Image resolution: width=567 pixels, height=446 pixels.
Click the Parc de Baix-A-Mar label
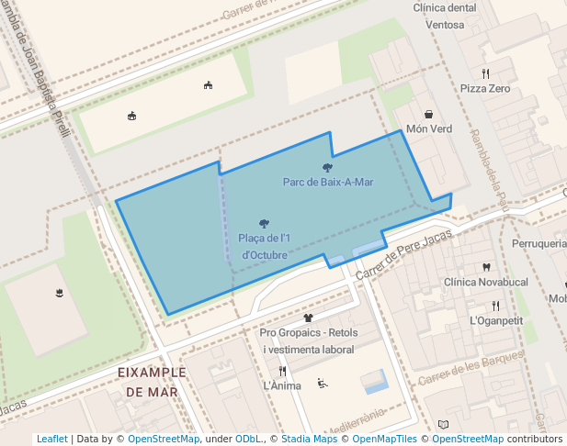pyautogui.click(x=328, y=182)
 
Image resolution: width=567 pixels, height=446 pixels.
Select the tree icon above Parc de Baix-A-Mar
pyautogui.click(x=328, y=167)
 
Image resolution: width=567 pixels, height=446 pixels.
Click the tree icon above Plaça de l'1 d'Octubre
pyautogui.click(x=265, y=224)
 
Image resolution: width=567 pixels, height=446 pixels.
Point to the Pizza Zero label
pyautogui.click(x=485, y=89)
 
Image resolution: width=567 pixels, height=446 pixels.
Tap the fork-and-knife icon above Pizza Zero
pyautogui.click(x=485, y=73)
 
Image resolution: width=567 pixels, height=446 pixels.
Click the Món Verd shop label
pyautogui.click(x=429, y=129)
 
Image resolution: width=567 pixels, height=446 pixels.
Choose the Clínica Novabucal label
pyautogui.click(x=485, y=282)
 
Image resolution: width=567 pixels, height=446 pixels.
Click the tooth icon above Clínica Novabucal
pyautogui.click(x=485, y=267)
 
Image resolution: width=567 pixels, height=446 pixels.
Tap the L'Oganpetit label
pyautogui.click(x=495, y=320)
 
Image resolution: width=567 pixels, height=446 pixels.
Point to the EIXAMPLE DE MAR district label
pyautogui.click(x=153, y=382)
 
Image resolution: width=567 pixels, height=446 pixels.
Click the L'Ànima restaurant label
pyautogui.click(x=282, y=385)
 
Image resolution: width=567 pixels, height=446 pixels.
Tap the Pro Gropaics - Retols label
pyautogui.click(x=309, y=332)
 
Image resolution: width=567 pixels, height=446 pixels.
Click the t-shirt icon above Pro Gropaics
pyautogui.click(x=309, y=318)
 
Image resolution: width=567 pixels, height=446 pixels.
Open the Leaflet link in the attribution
pyautogui.click(x=52, y=439)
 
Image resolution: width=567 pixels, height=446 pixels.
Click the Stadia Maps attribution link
pyautogui.click(x=311, y=439)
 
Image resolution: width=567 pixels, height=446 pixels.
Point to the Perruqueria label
pyautogui.click(x=539, y=244)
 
